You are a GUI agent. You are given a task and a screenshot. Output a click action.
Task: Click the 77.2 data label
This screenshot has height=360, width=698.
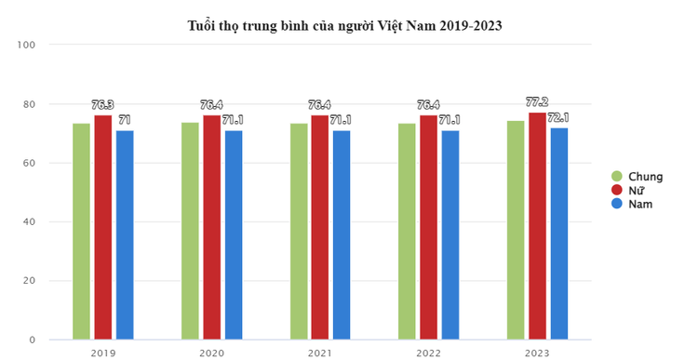click(x=537, y=105)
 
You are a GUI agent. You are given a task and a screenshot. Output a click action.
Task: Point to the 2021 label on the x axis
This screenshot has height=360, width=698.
click(x=319, y=353)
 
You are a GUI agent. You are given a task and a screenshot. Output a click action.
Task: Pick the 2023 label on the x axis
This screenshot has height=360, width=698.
click(x=537, y=353)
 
